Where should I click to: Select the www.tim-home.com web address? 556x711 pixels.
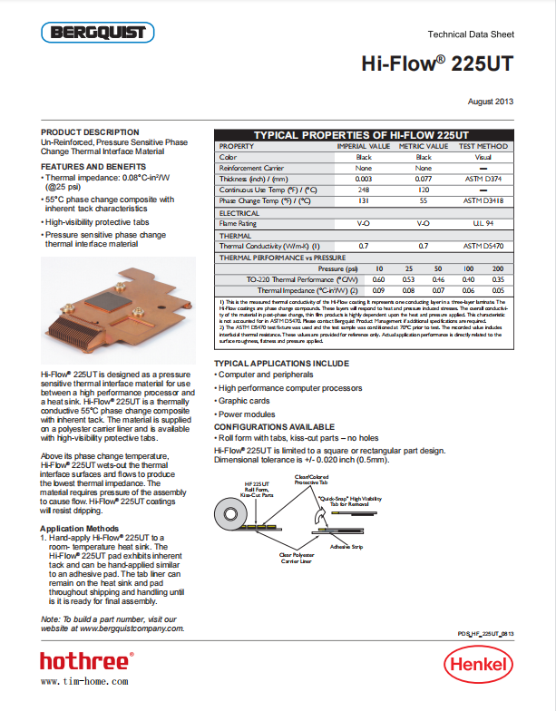[84, 680]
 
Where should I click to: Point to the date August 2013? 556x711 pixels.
[491, 101]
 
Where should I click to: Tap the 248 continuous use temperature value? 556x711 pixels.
[364, 190]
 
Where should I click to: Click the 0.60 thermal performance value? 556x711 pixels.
[379, 279]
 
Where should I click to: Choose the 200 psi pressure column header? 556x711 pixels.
[498, 268]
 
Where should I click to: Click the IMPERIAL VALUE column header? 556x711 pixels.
[364, 146]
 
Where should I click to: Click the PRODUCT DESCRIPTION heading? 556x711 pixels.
[91, 132]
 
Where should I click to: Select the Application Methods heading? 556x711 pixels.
[80, 528]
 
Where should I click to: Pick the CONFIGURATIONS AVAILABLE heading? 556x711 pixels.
[274, 426]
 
